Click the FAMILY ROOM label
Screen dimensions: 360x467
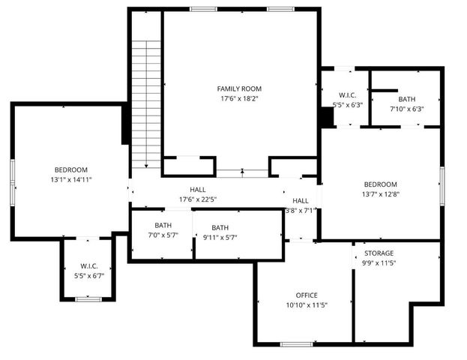tap(240, 88)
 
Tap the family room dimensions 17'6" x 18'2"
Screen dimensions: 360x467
tap(240, 99)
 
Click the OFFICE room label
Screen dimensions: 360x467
tap(307, 295)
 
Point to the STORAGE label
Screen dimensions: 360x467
tap(379, 253)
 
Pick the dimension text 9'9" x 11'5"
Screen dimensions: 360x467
tap(379, 263)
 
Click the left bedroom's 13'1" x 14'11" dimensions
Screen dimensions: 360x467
tap(71, 180)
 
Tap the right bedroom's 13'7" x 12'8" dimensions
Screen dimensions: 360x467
tap(381, 194)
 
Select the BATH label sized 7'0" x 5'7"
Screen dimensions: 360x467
tap(163, 225)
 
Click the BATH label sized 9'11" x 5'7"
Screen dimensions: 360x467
tap(220, 228)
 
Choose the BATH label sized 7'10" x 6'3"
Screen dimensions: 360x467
tap(407, 99)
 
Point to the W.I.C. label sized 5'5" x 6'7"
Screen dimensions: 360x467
tap(89, 266)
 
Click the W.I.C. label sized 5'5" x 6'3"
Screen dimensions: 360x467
tap(347, 95)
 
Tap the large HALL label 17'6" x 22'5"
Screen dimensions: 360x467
tap(198, 190)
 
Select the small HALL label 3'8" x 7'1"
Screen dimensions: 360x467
tap(300, 201)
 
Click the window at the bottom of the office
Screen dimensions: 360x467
tap(296, 343)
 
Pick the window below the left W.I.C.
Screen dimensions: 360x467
tap(88, 299)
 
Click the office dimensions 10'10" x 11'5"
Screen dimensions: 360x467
tap(307, 305)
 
